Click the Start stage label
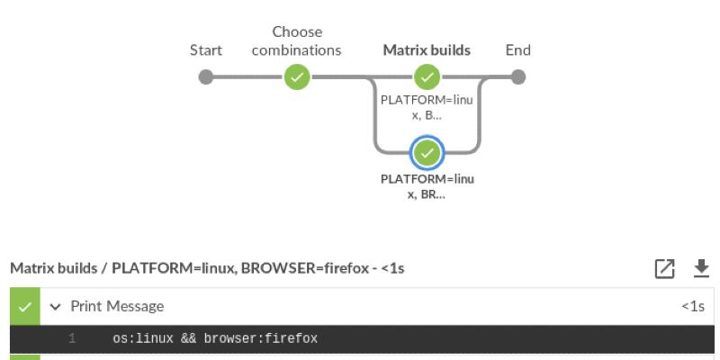point(206,50)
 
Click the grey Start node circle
point(206,77)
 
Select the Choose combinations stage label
point(296,41)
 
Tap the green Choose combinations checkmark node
point(296,77)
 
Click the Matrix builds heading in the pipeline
point(427,50)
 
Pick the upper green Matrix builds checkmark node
point(427,77)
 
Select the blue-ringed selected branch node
point(427,153)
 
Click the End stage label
point(517,50)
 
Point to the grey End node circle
point(517,77)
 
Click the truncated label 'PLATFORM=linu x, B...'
point(427,107)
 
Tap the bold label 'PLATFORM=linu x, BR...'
point(427,185)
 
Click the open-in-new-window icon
point(665,268)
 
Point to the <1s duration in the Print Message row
point(693,307)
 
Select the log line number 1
point(71,339)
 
